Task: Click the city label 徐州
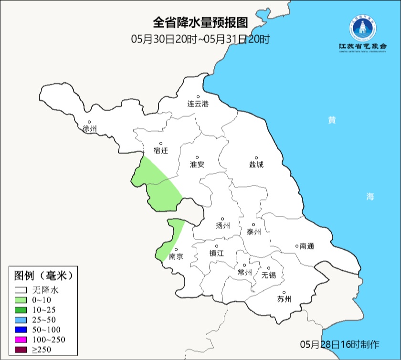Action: tap(90, 129)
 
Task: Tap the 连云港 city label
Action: tap(198, 104)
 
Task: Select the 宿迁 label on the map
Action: tap(161, 150)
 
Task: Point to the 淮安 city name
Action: tap(197, 164)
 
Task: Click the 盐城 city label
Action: tap(256, 164)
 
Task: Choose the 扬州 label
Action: tap(223, 225)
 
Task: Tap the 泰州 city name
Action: tap(254, 232)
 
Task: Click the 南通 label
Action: tap(306, 246)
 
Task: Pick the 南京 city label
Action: tap(176, 256)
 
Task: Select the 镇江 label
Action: tap(216, 254)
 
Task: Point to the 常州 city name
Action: tap(244, 272)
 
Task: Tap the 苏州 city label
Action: tap(284, 299)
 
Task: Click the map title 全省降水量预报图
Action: tap(200, 22)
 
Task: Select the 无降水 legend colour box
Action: tap(21, 290)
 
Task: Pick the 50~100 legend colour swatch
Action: tap(21, 329)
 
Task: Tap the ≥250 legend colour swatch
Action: tap(21, 349)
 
